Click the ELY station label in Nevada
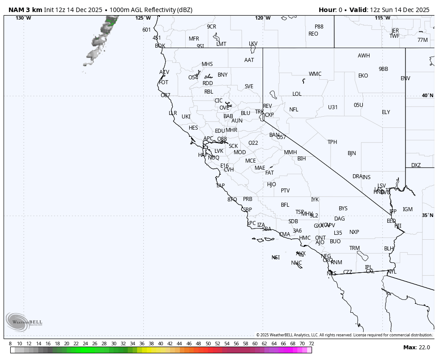coord(385,112)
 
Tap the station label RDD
coord(207,83)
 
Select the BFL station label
coord(285,205)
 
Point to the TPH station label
coord(332,142)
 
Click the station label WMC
coord(315,74)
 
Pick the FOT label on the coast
coord(163,82)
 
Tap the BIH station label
coord(301,159)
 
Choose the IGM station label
coord(407,209)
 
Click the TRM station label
coord(354,248)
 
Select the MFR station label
coord(194,39)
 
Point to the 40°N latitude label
coord(427,96)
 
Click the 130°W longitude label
coord(23,18)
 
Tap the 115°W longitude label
coord(382,18)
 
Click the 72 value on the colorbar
coord(311,344)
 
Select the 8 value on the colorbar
coord(10,344)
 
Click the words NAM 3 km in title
coord(25,10)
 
